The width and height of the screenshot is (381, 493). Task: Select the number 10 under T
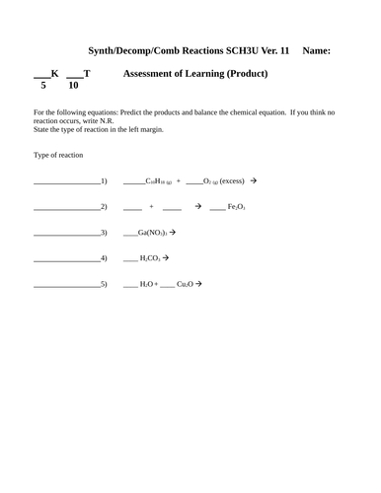coord(73,86)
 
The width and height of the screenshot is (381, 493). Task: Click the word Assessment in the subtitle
coord(151,74)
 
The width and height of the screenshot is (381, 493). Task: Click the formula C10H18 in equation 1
coord(159,181)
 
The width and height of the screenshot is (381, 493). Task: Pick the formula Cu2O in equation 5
coord(186,284)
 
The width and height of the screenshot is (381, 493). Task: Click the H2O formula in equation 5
coord(147,284)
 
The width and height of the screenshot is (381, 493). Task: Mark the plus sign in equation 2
coord(152,207)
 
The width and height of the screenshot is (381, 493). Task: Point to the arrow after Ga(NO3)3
coord(173,233)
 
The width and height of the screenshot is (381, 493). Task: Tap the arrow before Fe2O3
coord(198,207)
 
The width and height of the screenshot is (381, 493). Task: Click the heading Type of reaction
coord(58,155)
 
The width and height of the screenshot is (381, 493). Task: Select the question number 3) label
coord(104,233)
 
